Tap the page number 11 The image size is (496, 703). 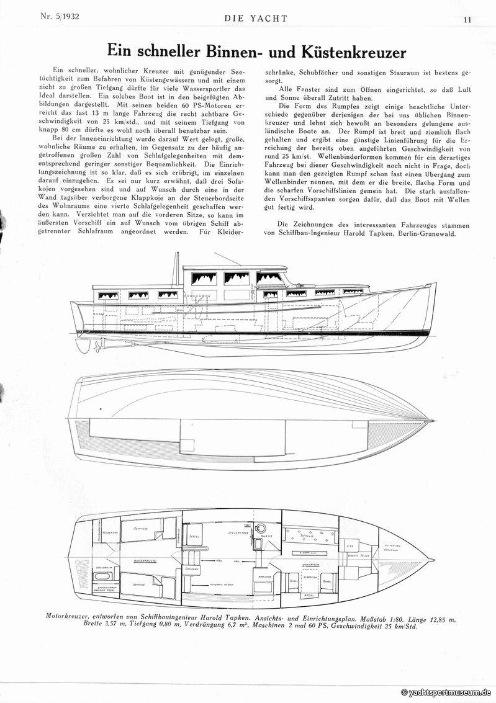(x=467, y=19)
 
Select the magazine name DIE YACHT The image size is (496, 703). (x=256, y=18)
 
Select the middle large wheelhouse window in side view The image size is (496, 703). (x=237, y=278)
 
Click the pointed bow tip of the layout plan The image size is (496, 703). (x=432, y=562)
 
